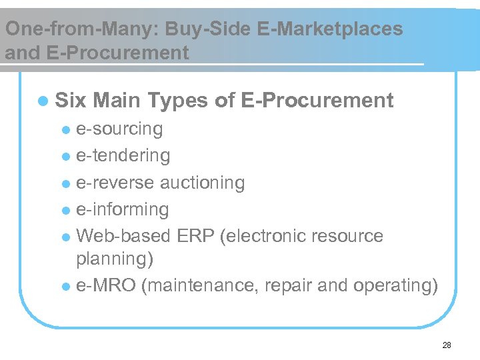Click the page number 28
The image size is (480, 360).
[447, 345]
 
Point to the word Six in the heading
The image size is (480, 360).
[71, 101]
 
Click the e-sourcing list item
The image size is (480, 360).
[119, 129]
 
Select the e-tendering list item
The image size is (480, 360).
[123, 155]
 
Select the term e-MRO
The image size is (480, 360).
[107, 285]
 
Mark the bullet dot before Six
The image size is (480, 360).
[43, 101]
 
